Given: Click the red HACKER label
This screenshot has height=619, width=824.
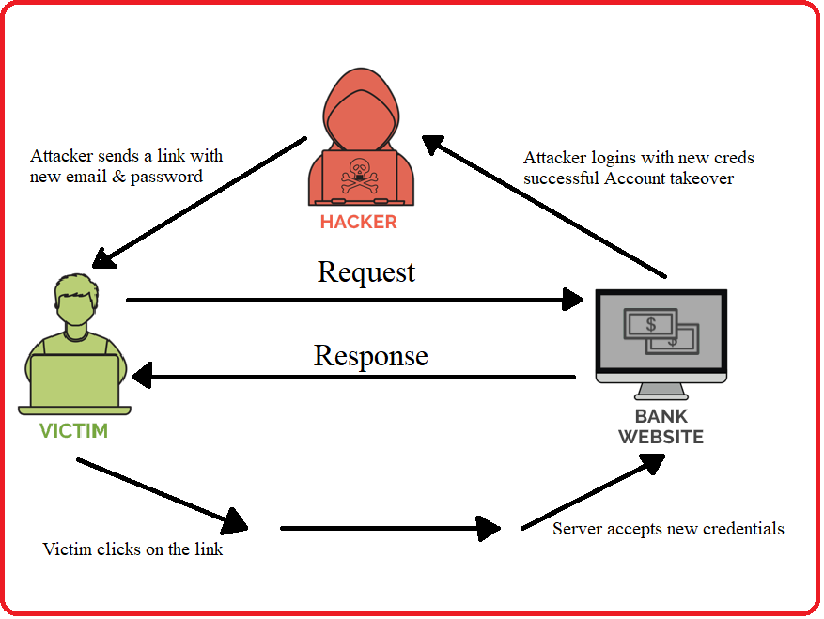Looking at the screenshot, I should point(358,223).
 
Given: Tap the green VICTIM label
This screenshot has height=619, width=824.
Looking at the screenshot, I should point(73,431).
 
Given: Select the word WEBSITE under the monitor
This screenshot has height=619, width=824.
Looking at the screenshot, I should point(661,437).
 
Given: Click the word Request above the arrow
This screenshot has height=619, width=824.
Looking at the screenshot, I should point(366,272).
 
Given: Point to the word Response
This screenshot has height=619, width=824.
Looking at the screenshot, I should point(370,356).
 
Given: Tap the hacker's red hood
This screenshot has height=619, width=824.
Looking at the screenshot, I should point(358,103).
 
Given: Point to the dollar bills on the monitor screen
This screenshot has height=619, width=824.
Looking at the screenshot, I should point(662,332).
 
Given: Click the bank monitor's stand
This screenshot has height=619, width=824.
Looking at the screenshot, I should point(661,388).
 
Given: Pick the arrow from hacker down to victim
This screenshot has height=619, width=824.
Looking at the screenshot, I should point(202,201).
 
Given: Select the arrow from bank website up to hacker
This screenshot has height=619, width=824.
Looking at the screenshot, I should point(545,207).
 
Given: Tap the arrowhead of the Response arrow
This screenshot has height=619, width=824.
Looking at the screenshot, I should point(145,378).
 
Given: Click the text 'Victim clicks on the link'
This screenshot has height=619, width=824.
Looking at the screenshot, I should point(132,549).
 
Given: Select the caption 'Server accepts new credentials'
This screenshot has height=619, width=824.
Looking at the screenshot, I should point(668,529).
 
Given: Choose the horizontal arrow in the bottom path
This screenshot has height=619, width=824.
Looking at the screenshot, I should point(390,528).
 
